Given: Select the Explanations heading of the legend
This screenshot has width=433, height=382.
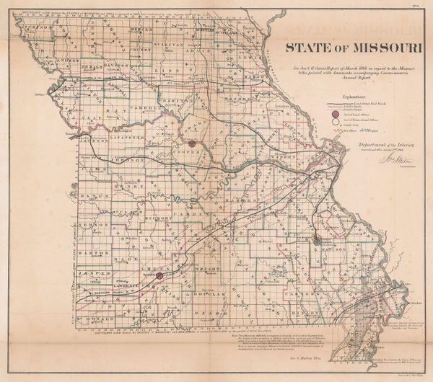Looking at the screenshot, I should tap(349, 94).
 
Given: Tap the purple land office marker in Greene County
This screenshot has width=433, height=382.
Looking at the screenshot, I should tap(159, 275).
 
